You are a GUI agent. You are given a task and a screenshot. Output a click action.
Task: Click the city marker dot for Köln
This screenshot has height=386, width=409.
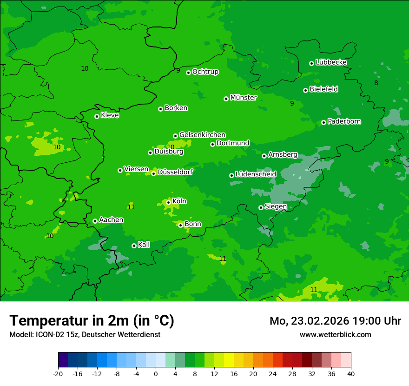pos(168,202)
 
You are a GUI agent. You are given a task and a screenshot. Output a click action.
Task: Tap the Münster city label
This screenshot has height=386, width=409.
pos(244,98)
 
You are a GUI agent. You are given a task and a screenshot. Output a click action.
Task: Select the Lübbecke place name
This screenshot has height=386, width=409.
pos(331,62)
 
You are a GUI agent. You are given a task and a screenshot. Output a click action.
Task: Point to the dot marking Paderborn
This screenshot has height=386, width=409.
pos(323,122)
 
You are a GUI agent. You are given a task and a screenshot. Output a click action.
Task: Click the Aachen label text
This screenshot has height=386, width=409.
pos(111,220)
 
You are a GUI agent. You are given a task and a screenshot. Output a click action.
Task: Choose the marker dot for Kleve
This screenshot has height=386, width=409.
pos(97,116)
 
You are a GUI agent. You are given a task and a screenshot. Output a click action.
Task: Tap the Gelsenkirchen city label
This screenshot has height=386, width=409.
pos(202,135)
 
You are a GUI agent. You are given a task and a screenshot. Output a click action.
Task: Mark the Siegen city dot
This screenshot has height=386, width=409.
pos(261,207)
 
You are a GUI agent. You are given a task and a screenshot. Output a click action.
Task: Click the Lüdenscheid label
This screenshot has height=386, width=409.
pos(256,174)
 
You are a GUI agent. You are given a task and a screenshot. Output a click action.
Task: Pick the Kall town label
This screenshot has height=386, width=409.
pos(144,245)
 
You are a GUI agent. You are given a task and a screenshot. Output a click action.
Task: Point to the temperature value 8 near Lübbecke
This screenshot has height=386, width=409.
pos(376,83)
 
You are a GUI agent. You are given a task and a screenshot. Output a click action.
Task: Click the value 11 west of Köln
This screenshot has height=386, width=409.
pos(131,207)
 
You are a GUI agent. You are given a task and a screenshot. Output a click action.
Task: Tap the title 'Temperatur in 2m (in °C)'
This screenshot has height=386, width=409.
pos(92,321)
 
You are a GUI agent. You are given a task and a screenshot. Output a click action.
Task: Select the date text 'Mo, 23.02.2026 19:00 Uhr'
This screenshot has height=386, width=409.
pos(335,321)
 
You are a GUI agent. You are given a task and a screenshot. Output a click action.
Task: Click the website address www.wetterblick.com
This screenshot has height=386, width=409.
pos(335,334)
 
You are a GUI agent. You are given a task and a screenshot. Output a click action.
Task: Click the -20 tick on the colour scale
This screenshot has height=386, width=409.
pos(58,374)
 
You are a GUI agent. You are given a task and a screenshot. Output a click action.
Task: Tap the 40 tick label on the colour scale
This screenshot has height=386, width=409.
pos(351,374)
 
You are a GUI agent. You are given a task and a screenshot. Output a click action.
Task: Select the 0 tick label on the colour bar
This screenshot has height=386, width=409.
pos(156,374)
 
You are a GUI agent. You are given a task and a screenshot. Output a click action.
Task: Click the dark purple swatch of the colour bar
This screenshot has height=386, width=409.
pos(63,360)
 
